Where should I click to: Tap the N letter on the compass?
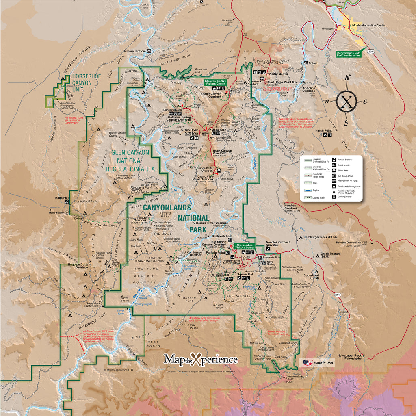[347, 78]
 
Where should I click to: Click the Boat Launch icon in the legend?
[334, 165]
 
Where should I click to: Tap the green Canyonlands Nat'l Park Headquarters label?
[352, 54]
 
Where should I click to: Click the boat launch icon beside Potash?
[305, 63]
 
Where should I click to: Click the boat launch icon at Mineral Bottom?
[149, 51]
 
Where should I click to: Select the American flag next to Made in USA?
[307, 362]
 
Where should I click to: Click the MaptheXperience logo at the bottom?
[201, 360]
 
